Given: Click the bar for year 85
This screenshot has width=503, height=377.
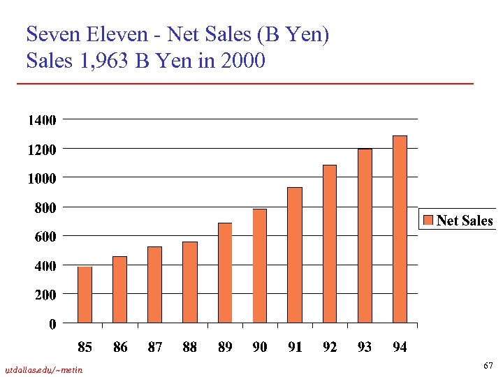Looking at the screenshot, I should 85,295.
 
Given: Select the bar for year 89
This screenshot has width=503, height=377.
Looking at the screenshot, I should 224,273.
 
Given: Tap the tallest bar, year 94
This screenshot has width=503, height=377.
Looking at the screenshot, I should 400,229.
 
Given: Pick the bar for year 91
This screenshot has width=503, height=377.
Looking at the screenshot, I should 295,255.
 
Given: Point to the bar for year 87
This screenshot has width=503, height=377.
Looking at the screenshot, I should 154,285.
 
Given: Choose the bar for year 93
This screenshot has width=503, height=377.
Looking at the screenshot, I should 365,236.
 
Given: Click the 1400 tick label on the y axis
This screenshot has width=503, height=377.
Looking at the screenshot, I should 42,120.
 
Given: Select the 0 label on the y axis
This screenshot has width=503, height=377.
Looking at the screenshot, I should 52,324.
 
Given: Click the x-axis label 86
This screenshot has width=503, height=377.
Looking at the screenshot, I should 120,347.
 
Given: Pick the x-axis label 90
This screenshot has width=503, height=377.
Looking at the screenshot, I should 260,347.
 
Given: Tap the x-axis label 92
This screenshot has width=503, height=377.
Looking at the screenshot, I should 330,347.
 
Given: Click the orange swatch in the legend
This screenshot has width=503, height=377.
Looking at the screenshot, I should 428,221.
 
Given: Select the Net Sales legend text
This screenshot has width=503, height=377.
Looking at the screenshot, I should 465,221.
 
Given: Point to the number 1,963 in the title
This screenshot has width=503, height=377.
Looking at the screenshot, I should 103,61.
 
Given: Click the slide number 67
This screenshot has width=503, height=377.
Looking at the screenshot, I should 488,366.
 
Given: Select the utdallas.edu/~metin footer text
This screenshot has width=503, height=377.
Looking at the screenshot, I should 43,369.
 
